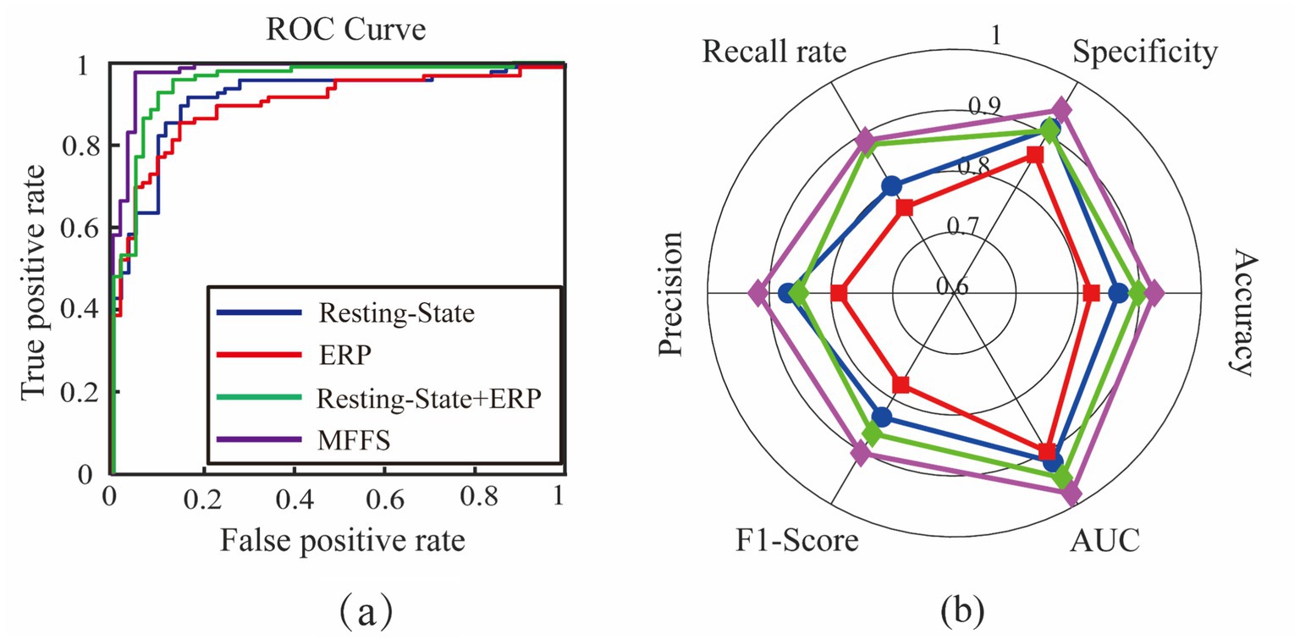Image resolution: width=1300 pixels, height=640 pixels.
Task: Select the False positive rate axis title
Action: tap(343, 540)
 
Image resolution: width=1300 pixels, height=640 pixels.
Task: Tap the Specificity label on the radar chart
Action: tap(1145, 53)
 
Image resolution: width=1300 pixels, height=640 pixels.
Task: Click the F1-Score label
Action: tap(796, 540)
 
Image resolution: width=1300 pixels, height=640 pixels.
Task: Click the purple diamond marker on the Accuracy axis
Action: tap(1153, 294)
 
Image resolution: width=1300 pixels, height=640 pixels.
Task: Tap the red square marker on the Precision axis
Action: tap(839, 294)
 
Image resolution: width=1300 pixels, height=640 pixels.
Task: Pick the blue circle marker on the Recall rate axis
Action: tap(890, 186)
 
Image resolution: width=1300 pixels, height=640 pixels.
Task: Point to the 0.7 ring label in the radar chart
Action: tap(961, 225)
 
